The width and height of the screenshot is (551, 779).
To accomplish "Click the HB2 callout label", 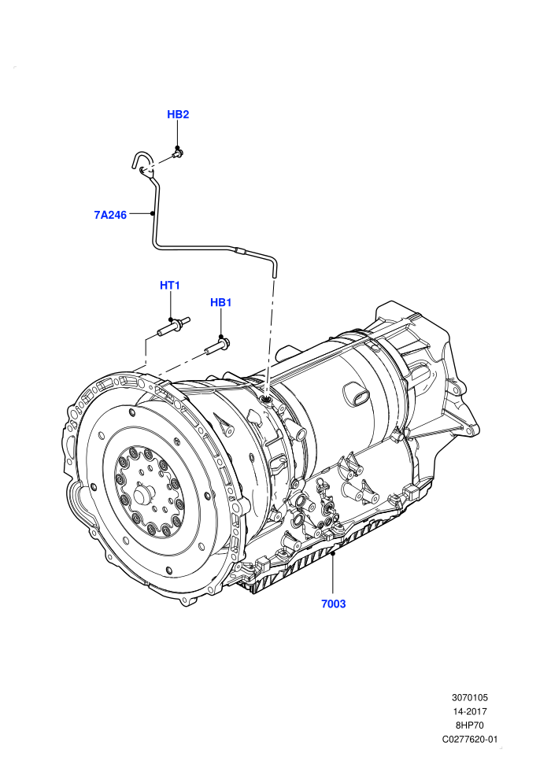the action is click(178, 114).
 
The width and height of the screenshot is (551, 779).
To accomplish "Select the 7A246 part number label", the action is click(110, 215).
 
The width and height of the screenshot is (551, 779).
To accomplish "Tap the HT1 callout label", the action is click(170, 285).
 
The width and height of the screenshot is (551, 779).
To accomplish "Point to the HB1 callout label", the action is click(221, 303).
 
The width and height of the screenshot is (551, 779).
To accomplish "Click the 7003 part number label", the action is click(334, 604).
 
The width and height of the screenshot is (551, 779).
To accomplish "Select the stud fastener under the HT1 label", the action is click(174, 327).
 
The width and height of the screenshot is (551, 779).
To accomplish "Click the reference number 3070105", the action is click(469, 697).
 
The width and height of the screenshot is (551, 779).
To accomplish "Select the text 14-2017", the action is click(470, 711).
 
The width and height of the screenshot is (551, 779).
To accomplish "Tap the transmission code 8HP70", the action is click(470, 725).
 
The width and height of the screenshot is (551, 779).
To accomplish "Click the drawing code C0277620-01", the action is click(470, 739).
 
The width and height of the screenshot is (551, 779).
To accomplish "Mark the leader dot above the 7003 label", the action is click(334, 552).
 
